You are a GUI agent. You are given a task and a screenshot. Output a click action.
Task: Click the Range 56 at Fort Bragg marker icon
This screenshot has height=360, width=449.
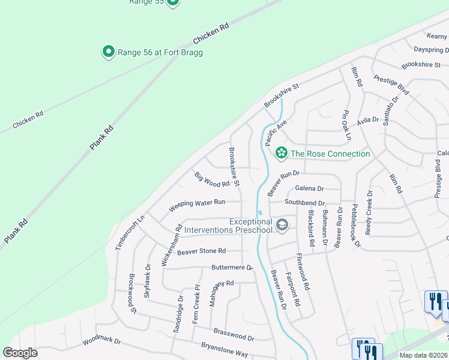tap(109, 52)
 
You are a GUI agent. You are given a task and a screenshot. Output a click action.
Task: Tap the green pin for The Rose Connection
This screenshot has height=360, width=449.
tap(280, 154)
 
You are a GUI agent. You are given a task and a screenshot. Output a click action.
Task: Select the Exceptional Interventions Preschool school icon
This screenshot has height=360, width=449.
tap(282, 226)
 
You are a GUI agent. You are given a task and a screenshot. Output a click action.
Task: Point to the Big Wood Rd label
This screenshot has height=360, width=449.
tap(212, 179)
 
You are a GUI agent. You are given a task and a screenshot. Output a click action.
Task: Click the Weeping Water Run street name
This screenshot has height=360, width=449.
tap(197, 206)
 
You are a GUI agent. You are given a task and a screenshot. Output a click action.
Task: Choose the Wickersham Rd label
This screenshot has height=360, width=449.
tap(170, 245)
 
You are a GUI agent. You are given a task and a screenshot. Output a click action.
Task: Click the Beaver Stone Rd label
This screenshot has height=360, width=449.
tap(201, 251)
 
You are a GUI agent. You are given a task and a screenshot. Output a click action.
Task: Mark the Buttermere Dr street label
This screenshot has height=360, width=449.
tap(232, 267)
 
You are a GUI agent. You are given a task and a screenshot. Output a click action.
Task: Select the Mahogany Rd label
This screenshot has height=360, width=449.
tap(221, 293)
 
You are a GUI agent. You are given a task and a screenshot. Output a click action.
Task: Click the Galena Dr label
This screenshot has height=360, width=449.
tap(309, 188)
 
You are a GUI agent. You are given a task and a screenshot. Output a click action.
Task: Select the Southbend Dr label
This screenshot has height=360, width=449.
tap(304, 203)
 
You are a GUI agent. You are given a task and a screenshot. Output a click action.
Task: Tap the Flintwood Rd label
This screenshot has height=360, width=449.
tap(302, 272)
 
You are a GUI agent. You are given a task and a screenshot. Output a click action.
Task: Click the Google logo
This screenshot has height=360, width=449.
tap(20, 353)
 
